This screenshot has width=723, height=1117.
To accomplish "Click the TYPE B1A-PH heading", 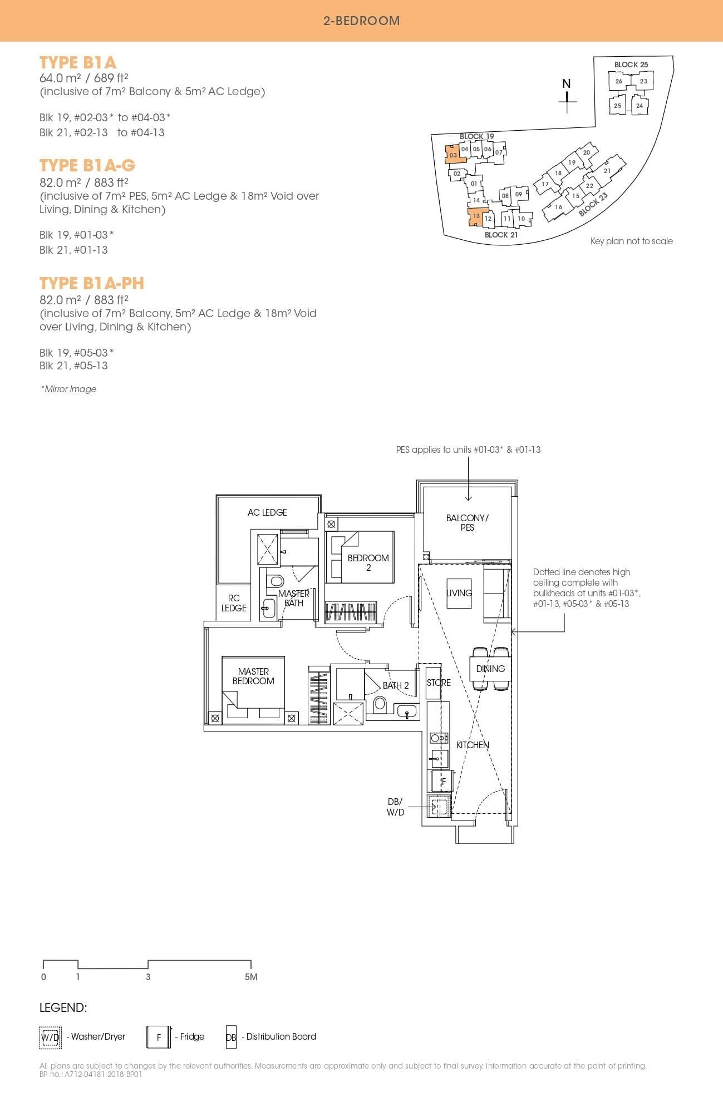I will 92,284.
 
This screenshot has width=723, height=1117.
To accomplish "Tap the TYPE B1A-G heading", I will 87,166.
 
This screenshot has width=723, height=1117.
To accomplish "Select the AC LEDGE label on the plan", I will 267,512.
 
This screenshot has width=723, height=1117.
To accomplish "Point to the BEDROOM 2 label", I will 368,562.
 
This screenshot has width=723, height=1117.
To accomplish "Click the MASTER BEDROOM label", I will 253,676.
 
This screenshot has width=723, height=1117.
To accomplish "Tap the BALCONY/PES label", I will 467,522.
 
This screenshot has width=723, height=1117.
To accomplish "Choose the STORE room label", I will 439,683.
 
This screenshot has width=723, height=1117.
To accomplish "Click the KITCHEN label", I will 473,745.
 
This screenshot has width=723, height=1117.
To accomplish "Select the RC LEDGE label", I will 234,603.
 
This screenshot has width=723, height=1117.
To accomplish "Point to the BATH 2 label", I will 396,685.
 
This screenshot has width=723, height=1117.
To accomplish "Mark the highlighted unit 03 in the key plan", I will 453,155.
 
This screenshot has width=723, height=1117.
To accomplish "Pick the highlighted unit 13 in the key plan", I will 476,216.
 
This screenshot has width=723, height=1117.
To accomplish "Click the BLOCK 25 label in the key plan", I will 631,65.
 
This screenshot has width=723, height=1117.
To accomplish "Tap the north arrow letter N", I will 567,84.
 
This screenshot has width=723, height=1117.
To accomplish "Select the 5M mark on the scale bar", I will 250,977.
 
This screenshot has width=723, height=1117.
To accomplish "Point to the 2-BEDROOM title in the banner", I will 361,21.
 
